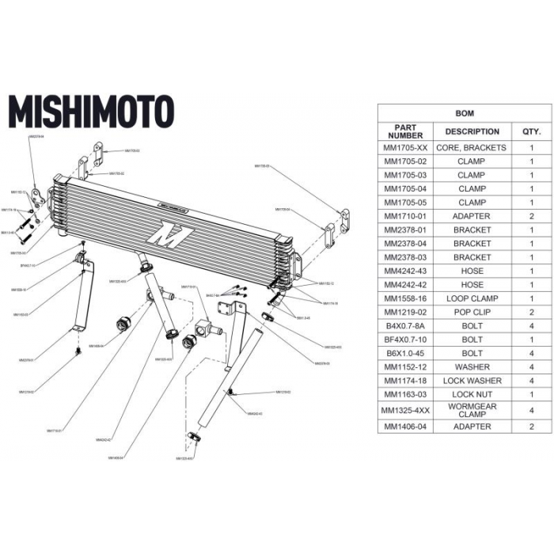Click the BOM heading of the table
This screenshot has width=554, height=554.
pos(465,113)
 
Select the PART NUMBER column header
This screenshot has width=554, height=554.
pos(405,131)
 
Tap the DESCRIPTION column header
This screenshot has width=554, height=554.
pos(472,131)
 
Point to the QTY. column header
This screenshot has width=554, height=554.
pos(531,131)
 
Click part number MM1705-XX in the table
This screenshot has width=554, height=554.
pos(405,148)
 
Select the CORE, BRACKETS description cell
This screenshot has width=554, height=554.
pos(472,148)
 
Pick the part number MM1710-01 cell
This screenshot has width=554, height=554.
pos(405,216)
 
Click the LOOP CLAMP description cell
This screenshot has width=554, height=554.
pos(472,298)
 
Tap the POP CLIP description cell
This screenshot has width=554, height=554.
pos(472,312)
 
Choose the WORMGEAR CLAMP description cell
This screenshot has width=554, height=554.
pos(472,410)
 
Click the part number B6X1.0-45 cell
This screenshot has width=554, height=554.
pos(405,353)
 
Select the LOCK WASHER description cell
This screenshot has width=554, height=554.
pos(472,381)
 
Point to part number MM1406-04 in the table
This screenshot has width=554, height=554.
pos(405,427)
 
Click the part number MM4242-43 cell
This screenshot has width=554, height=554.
pos(405,271)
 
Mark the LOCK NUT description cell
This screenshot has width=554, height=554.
pos(472,394)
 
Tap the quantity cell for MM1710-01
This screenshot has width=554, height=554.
pos(531,216)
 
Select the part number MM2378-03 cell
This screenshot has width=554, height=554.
pos(405,257)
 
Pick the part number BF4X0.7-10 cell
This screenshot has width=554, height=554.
pos(405,340)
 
